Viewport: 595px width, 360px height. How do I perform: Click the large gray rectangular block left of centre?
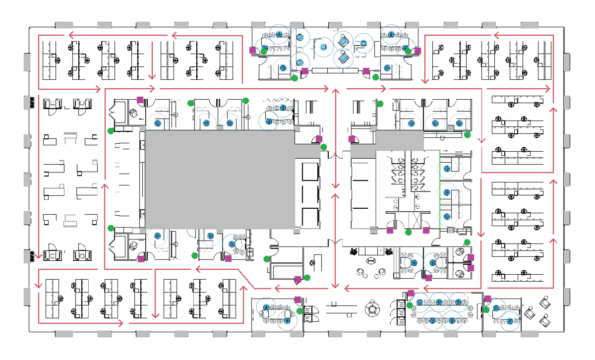(x=220, y=179)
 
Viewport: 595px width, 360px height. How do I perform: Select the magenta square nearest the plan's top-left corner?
(x=140, y=100)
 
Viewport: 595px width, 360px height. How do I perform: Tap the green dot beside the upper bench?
(x=111, y=131)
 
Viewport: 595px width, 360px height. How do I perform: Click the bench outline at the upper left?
(x=70, y=135)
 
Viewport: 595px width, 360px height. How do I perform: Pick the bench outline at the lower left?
(x=70, y=221)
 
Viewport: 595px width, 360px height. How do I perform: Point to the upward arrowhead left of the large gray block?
(x=105, y=186)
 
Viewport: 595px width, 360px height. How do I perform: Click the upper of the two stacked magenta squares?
(x=471, y=257)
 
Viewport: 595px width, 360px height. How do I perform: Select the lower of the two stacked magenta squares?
(x=471, y=268)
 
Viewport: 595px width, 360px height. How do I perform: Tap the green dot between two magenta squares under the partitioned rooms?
(x=408, y=232)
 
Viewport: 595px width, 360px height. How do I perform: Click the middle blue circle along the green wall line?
(x=447, y=192)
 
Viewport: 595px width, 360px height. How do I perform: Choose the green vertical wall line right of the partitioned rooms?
(x=440, y=188)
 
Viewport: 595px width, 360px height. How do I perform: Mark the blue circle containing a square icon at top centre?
(x=363, y=43)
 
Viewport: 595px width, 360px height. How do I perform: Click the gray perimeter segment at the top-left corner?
(x=64, y=25)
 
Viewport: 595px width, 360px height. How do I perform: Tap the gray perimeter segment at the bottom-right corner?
(x=529, y=334)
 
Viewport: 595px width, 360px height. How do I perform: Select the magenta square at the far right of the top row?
(x=417, y=51)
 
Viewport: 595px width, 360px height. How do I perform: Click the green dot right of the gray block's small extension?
(x=323, y=147)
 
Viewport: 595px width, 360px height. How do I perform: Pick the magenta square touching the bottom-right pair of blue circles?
(x=487, y=299)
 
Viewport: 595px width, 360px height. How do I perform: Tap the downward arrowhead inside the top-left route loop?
(x=152, y=76)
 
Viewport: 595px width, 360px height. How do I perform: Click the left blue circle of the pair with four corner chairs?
(x=414, y=263)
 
